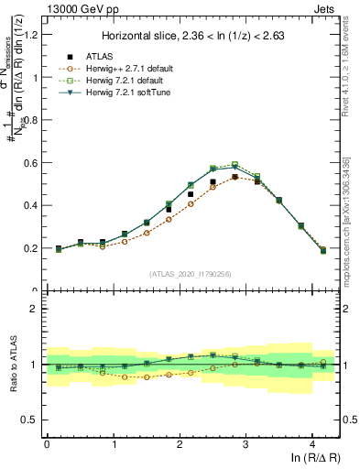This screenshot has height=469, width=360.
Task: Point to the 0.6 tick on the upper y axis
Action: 33,163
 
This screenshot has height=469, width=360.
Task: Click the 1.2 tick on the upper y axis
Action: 33,35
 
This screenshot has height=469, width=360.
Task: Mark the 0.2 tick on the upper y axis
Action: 33,248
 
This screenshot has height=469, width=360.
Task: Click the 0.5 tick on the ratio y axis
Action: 33,420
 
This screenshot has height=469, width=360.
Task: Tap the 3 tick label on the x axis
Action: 246,445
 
